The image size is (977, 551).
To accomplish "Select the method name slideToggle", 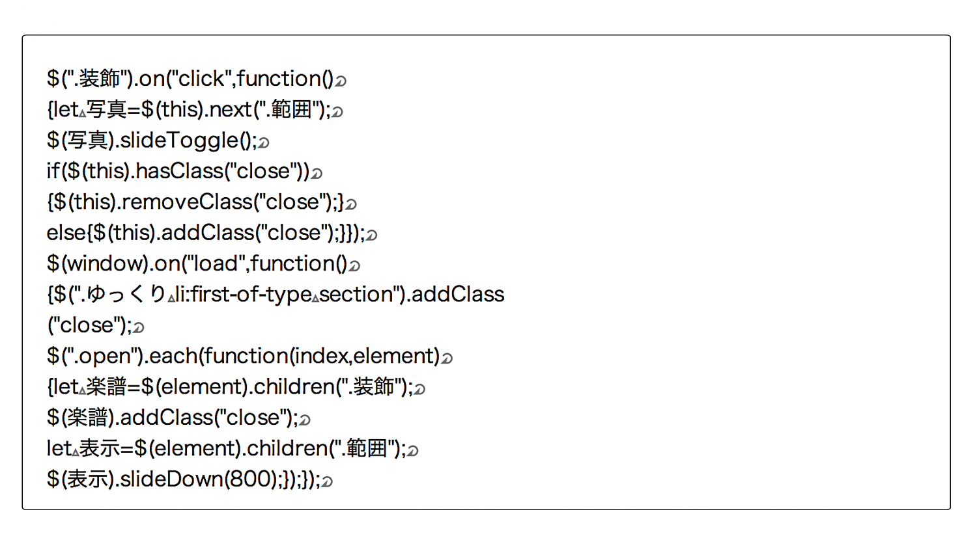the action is (x=180, y=141).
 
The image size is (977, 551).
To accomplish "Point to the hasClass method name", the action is (x=179, y=170).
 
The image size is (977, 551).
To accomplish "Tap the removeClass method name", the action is (x=187, y=202).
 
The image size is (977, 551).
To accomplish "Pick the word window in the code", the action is (x=105, y=263).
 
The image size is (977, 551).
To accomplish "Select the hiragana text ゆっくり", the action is (x=126, y=295).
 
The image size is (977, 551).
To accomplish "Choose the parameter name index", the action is (x=320, y=356).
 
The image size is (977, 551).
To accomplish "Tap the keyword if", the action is (x=52, y=170).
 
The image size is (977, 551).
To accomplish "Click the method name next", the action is (x=231, y=110).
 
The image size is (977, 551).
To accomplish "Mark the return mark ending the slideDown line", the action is (x=327, y=481).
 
